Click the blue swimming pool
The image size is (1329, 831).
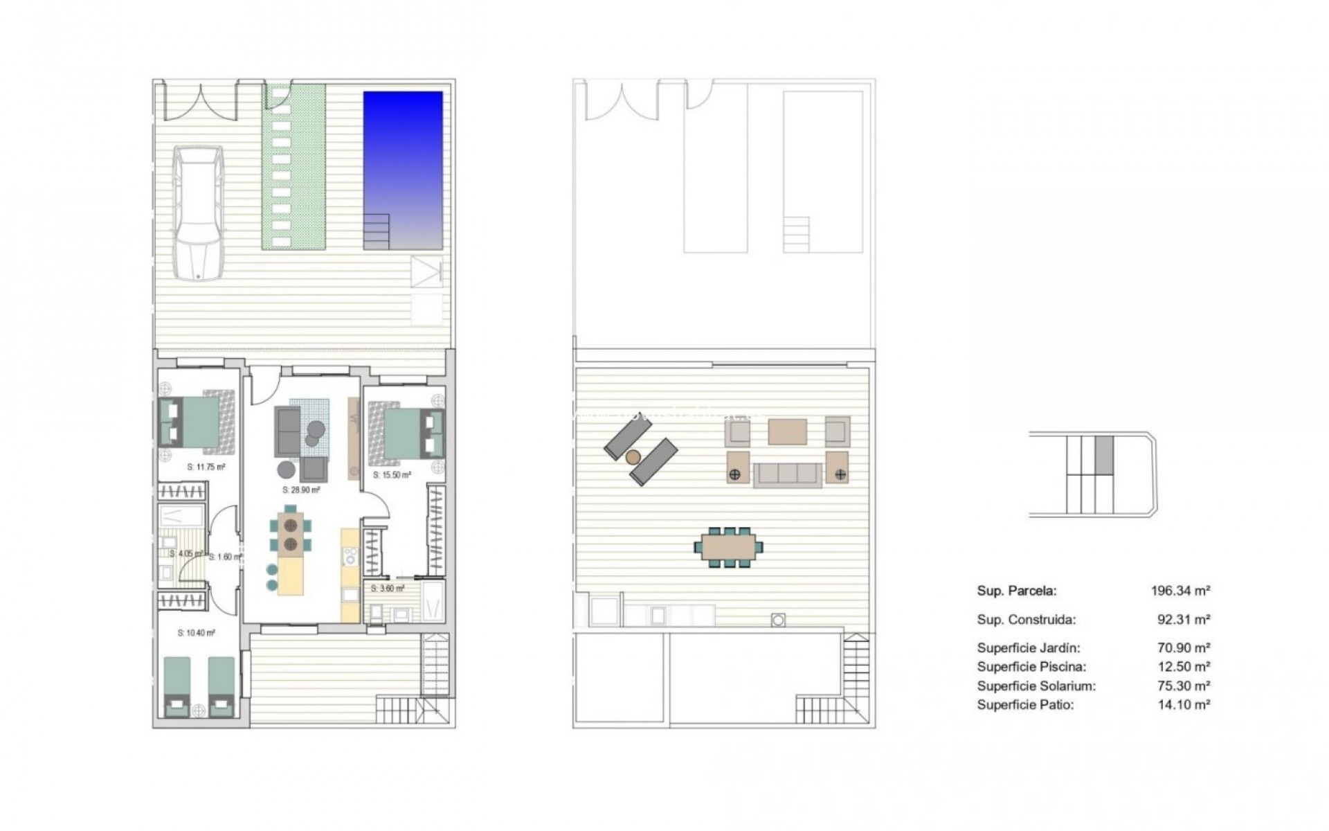pos(403,170)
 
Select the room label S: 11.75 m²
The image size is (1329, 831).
pos(206,467)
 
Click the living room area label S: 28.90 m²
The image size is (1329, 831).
pos(301,490)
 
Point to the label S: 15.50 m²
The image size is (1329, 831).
pos(392,475)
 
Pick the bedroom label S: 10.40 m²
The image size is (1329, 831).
pos(196,633)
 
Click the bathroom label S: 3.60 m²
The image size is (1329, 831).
pos(388,589)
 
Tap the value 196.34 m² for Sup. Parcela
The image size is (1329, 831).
pos(1180,591)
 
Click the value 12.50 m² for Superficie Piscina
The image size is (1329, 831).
pos(1184,667)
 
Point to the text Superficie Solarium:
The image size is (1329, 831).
pos(1036,686)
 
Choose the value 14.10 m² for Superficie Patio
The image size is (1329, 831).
pos(1184,705)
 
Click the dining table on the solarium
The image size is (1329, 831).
pos(728,547)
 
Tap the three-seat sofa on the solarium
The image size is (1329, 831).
pos(787,474)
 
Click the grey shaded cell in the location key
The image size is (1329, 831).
pos(1104,455)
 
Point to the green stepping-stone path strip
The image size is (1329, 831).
pos(293,166)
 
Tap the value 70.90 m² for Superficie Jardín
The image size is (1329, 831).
pos(1184,648)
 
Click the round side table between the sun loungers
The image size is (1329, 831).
pos(633,456)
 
